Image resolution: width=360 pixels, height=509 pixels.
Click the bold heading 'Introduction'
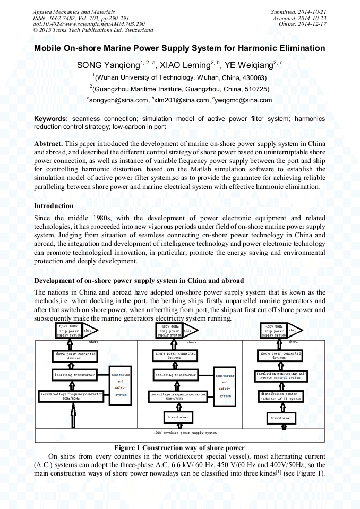point(54,206)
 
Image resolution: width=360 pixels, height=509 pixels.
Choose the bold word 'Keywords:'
point(51,119)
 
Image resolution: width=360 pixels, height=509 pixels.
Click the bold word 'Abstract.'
point(49,144)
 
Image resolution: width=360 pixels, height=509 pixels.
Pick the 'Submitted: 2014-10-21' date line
point(298,12)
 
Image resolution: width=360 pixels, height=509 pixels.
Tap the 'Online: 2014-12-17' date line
point(302,24)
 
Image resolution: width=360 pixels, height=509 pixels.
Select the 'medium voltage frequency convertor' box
point(71,396)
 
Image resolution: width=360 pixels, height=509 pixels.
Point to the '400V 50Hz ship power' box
point(274,331)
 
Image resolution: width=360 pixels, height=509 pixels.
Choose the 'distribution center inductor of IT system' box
point(280,396)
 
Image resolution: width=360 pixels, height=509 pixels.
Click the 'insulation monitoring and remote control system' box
point(280,375)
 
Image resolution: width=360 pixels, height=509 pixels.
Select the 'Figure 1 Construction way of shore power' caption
point(179,447)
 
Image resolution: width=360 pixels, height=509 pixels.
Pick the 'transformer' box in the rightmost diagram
point(280,418)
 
